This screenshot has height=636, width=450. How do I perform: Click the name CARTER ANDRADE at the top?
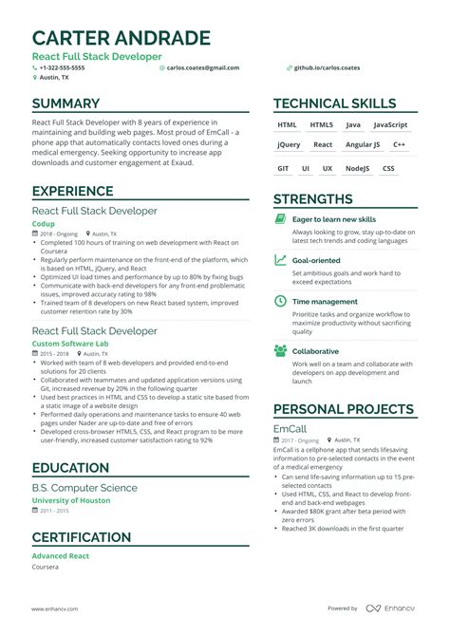[122, 38]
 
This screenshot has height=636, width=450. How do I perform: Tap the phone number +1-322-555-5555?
[62, 68]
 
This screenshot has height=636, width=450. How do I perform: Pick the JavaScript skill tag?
[390, 124]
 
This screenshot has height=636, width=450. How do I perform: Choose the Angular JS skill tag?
[363, 145]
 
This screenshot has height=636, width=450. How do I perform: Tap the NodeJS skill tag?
[357, 168]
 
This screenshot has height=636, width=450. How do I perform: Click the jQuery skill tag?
[289, 145]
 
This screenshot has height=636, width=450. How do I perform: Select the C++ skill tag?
[400, 145]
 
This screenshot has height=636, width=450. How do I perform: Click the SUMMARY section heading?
[66, 103]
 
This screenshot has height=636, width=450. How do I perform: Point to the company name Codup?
[44, 224]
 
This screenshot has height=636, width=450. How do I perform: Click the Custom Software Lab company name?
[70, 343]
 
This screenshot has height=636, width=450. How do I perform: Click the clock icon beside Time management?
[280, 301]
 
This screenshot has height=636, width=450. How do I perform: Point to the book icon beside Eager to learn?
[280, 219]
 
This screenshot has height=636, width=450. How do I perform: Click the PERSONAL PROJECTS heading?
[344, 409]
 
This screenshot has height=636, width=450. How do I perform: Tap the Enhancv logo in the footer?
[393, 608]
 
